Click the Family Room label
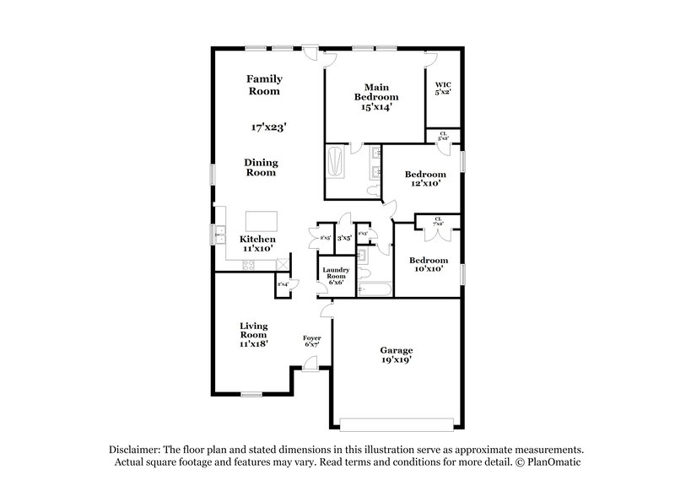(x=263, y=84)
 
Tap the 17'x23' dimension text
(x=268, y=127)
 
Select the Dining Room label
(x=262, y=167)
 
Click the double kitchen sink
(x=219, y=235)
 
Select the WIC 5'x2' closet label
(x=442, y=89)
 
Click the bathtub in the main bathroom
(x=334, y=162)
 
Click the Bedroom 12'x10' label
(x=424, y=180)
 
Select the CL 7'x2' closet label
(x=438, y=221)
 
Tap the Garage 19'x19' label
(x=395, y=354)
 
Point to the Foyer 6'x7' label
(x=312, y=341)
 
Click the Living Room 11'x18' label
(x=252, y=334)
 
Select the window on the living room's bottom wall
(x=252, y=394)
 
